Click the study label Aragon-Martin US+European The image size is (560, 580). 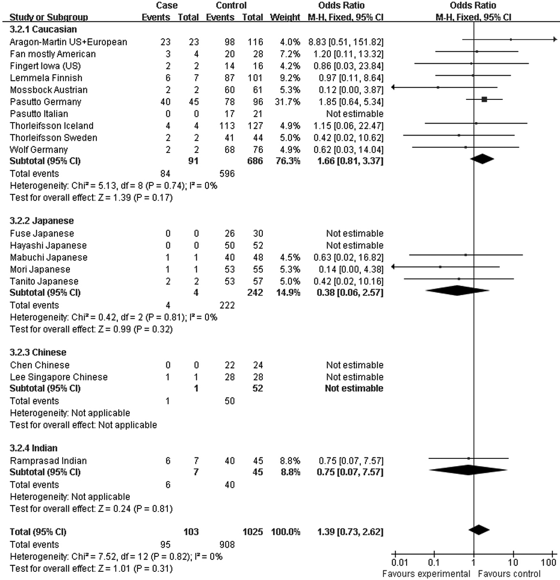click(68, 42)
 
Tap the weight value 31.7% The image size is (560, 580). click(289, 102)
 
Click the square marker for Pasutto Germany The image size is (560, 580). click(484, 99)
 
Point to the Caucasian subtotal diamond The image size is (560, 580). click(483, 159)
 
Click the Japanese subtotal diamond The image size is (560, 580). click(457, 290)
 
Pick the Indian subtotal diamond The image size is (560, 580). click(468, 470)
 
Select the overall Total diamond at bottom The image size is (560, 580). click(478, 529)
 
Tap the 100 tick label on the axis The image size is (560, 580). click(548, 562)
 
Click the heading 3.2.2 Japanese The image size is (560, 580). click(42, 221)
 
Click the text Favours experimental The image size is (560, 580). click(426, 574)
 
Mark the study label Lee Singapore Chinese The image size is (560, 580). click(59, 377)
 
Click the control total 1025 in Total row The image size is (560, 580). click(253, 532)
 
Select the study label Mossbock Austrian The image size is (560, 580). click(49, 90)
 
